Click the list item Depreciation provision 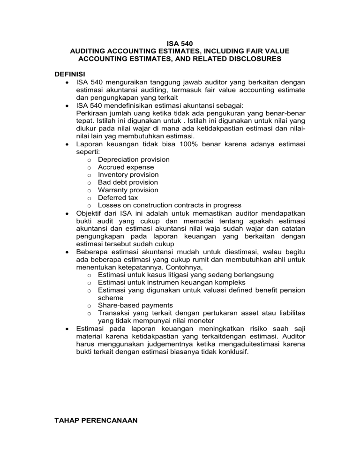(x=134, y=159)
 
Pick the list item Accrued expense (x=126, y=167)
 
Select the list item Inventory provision (x=128, y=174)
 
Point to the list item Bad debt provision (x=128, y=182)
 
